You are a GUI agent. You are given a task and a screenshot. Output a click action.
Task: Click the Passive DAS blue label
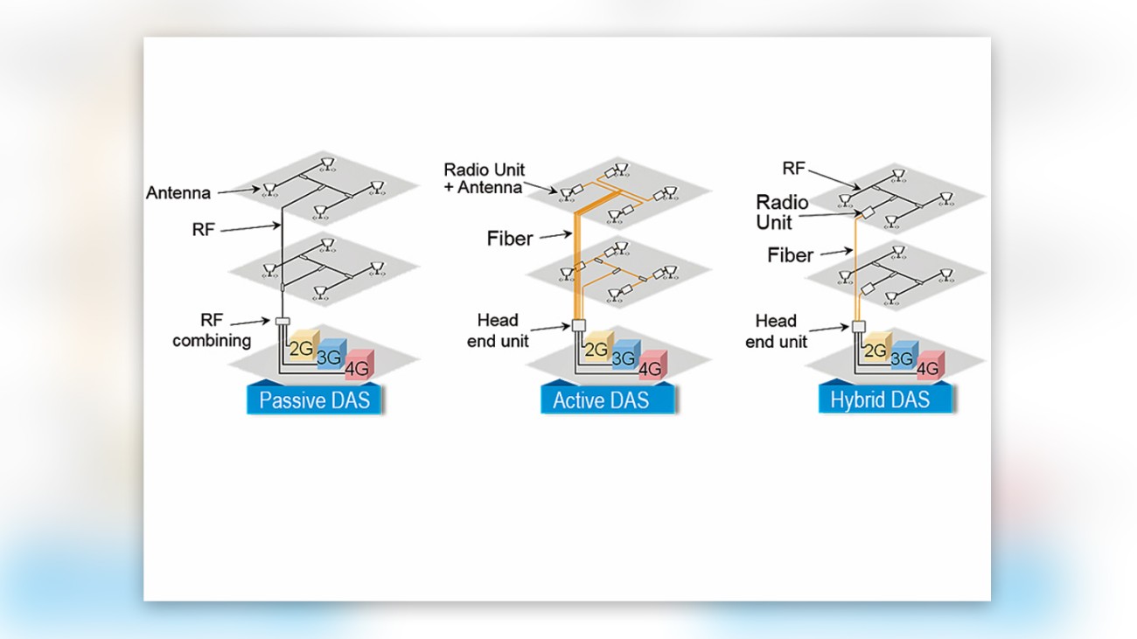click(x=315, y=401)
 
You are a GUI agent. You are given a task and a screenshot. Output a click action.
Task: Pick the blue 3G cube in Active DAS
click(x=623, y=357)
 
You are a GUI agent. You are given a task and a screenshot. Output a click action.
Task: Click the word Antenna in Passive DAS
click(x=178, y=193)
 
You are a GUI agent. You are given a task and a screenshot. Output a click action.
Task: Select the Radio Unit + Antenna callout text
click(x=483, y=177)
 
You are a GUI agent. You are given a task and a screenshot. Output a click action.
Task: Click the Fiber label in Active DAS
click(x=510, y=238)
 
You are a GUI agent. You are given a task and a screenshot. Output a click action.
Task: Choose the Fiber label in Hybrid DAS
click(x=790, y=255)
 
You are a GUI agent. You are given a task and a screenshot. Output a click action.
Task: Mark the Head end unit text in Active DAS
click(x=498, y=330)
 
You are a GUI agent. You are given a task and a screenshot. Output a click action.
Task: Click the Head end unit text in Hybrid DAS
click(x=776, y=330)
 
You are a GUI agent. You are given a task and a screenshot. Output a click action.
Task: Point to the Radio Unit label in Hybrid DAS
click(x=782, y=212)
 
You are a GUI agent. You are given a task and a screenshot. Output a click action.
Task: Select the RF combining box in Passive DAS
click(x=282, y=322)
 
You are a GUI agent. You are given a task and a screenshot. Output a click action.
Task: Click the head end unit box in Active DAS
click(x=577, y=326)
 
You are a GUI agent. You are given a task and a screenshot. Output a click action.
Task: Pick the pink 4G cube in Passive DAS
click(x=359, y=368)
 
